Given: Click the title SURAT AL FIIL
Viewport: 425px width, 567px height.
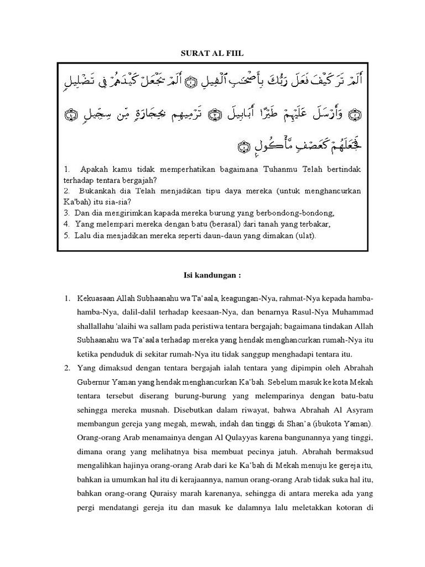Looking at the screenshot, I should [212, 53].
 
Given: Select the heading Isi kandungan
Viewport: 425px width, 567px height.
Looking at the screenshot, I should [212, 275].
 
